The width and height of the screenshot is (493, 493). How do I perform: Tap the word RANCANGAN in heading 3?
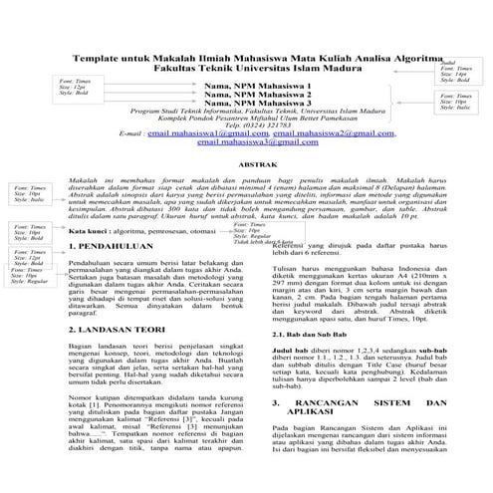point(339,430)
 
